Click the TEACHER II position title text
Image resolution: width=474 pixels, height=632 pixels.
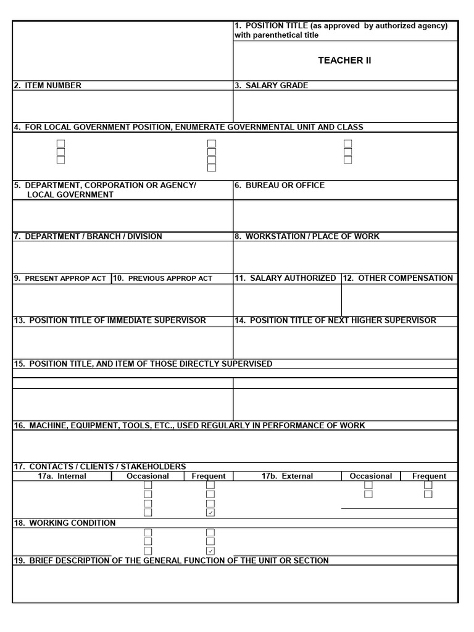coord(344,60)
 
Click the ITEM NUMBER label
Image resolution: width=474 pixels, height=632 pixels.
coord(48,86)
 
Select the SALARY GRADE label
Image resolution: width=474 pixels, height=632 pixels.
coord(272,86)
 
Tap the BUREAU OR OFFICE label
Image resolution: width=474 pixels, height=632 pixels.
coord(280,185)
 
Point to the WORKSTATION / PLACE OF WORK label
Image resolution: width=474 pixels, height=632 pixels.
coord(307,236)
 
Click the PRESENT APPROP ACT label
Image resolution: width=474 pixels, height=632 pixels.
coord(60,278)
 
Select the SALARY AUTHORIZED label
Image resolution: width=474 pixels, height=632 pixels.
coord(286,278)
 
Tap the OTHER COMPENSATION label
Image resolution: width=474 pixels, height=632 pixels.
coord(398,278)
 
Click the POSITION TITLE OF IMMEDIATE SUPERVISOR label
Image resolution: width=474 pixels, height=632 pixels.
coord(110,321)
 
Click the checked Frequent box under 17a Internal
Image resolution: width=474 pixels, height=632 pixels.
coord(210,512)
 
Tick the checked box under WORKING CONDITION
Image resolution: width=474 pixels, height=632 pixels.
coord(210,551)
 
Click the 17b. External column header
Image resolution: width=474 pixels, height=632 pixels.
coord(287,476)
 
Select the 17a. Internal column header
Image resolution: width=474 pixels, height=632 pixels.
coord(62,476)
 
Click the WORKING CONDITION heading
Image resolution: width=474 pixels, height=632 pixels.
coord(65,523)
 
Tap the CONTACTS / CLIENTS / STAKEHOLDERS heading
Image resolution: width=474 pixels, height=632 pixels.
coord(100,467)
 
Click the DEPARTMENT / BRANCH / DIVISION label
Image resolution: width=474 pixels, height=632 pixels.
coord(88,236)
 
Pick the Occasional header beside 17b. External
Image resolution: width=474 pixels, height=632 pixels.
coord(370,476)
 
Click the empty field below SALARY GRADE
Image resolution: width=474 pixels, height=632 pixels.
coord(345,106)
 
